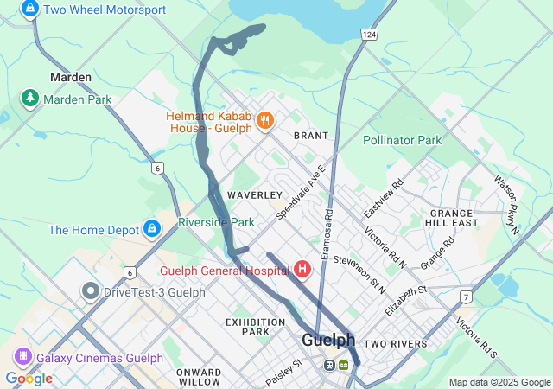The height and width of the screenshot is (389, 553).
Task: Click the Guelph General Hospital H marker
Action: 302,269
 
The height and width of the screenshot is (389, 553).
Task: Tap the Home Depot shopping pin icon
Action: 152,229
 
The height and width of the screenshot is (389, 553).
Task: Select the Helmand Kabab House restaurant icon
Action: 265,121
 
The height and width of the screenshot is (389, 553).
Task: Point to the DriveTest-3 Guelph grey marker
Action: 91,291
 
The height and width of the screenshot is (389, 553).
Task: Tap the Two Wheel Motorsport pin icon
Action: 30,10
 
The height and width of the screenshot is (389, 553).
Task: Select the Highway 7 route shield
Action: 466,297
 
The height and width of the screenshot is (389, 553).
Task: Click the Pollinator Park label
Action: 402,140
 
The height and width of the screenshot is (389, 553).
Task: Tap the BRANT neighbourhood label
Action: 310,136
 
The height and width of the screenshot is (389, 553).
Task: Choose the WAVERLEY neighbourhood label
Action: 255,195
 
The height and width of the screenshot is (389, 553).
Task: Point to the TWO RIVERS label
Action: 395,344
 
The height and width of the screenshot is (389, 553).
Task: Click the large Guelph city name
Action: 329,340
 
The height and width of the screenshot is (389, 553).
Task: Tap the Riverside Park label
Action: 216,222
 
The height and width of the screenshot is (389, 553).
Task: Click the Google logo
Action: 29,378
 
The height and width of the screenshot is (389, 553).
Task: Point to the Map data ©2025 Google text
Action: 499,382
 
